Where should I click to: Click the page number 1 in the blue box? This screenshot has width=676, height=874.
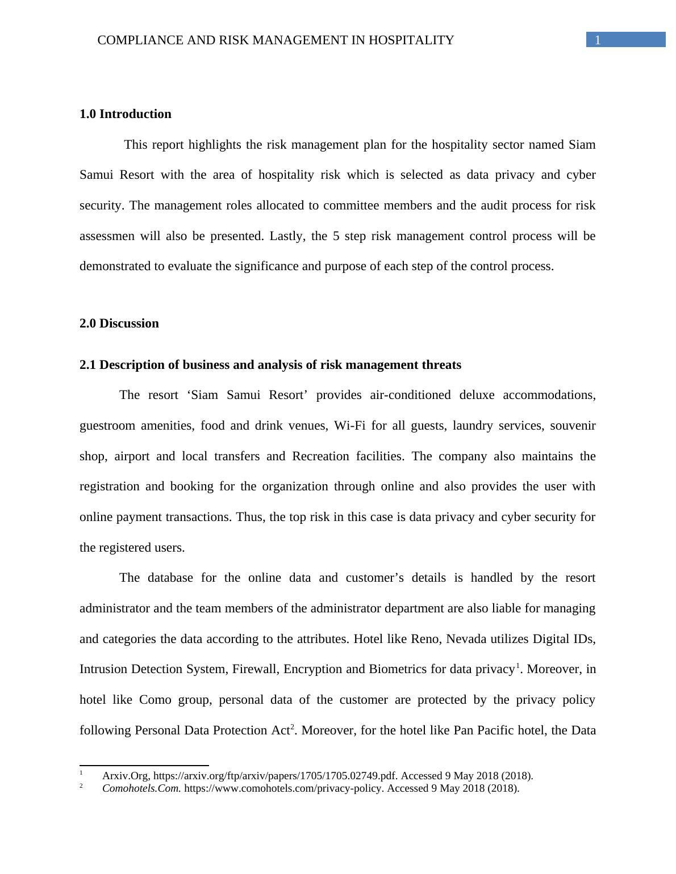click(x=598, y=40)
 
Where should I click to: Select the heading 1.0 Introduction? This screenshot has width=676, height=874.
click(x=126, y=114)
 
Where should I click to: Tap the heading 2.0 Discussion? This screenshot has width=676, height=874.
click(x=119, y=323)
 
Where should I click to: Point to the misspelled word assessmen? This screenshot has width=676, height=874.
click(x=107, y=236)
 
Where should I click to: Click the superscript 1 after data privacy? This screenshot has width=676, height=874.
click(x=518, y=666)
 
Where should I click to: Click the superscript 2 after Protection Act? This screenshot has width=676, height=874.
click(x=293, y=727)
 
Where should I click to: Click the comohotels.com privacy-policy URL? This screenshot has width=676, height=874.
click(x=283, y=788)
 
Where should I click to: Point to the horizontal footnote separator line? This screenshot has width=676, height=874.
click(x=144, y=766)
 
